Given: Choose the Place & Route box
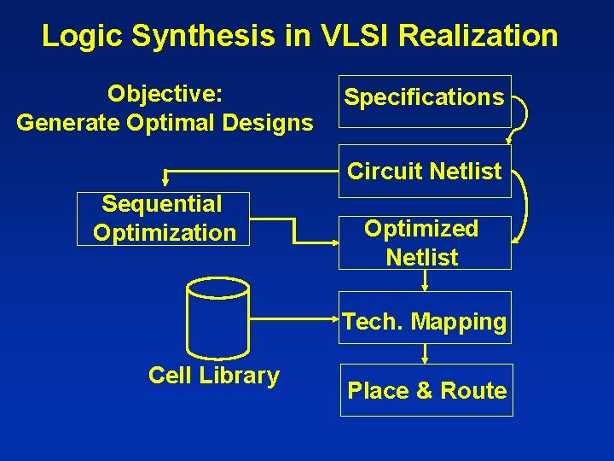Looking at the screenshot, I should click(x=426, y=390).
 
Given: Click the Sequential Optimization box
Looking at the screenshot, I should click(x=163, y=219).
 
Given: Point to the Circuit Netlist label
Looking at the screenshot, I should click(x=424, y=172).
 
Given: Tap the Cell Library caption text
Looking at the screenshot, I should click(x=213, y=376).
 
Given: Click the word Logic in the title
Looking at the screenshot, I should click(x=76, y=36).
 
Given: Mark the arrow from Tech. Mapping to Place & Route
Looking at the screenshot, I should click(x=425, y=353).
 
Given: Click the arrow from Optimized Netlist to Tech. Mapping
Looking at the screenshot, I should click(x=425, y=281).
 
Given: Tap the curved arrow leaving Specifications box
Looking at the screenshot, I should click(x=522, y=115).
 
